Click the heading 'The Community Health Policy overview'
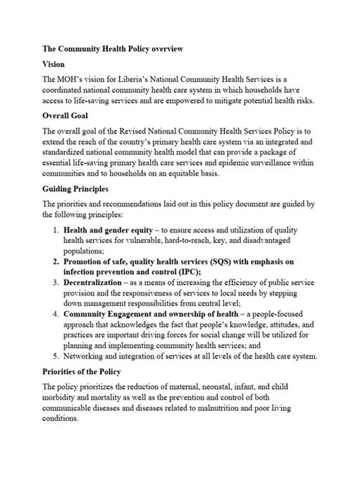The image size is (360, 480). (x=112, y=49)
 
